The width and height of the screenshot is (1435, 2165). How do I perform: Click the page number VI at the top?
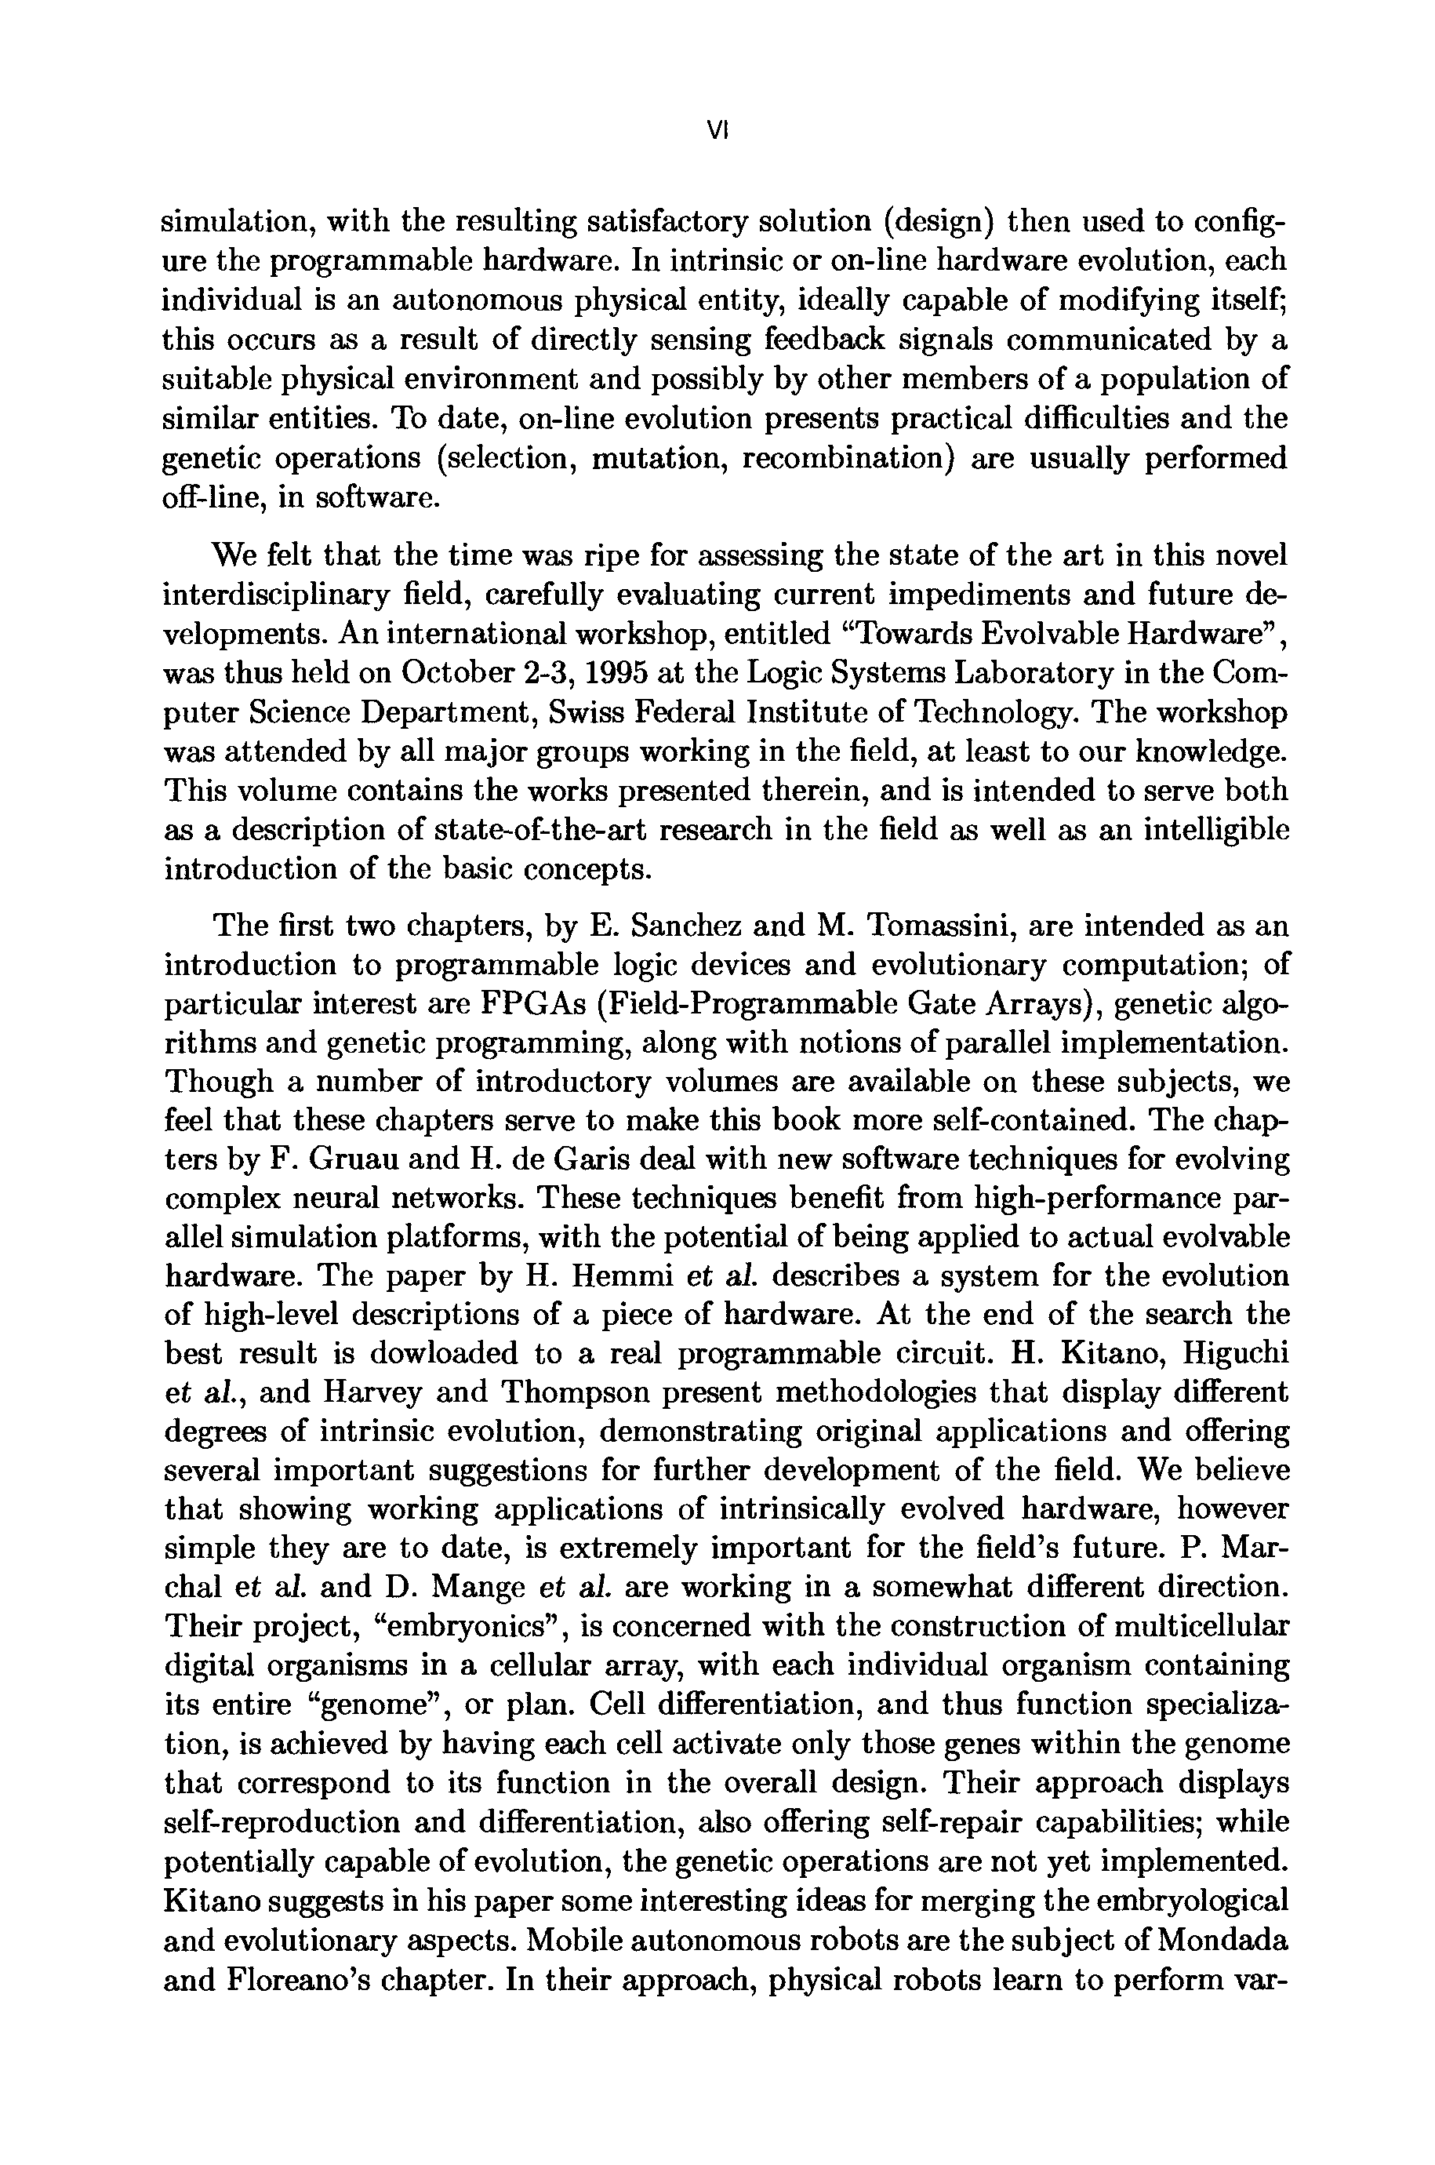click(717, 132)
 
